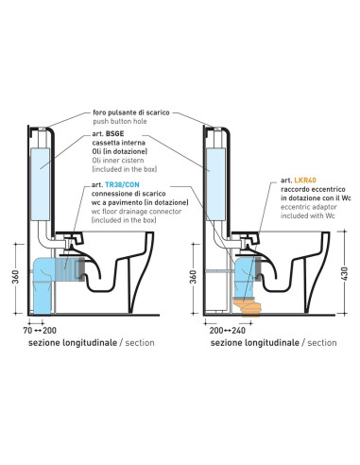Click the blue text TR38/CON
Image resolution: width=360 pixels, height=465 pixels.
point(122,184)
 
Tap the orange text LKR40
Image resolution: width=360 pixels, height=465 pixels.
point(305,181)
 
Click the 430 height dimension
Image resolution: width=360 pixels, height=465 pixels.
point(344,273)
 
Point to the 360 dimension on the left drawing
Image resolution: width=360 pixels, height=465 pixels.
point(16,277)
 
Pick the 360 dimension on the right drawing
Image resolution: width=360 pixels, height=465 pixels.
point(194,277)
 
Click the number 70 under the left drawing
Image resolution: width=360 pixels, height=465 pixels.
point(27,331)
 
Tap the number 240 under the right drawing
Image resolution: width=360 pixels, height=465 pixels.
point(238,331)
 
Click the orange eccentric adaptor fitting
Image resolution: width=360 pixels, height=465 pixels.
point(249,306)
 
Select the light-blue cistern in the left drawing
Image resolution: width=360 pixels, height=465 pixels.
point(41,184)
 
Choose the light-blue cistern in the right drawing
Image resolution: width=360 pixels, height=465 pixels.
point(216,184)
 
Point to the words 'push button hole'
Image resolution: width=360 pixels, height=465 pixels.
point(120,121)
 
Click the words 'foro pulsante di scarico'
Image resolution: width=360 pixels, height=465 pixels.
point(131,112)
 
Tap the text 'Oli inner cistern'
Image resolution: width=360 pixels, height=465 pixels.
point(118,161)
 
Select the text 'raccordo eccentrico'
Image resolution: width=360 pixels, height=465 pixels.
point(313,189)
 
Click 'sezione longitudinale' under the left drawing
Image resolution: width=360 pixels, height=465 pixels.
point(73,343)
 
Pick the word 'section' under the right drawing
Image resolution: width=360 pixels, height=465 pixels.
point(322,343)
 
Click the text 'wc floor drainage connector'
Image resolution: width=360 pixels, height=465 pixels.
point(136,212)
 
